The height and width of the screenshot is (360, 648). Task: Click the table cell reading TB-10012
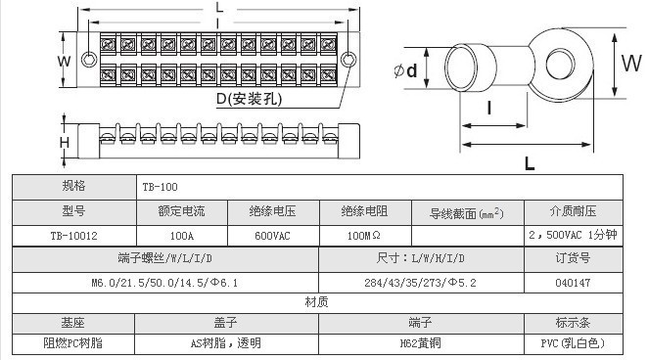tap(74, 236)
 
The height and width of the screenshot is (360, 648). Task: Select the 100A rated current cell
tap(182, 236)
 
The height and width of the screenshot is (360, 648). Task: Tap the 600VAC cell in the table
tap(272, 236)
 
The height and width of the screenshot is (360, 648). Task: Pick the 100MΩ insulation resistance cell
tap(364, 236)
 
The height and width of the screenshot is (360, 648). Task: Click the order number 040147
tap(573, 283)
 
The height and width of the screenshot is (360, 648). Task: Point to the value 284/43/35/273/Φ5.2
tap(420, 283)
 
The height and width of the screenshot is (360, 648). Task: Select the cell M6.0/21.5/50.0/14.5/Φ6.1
tap(164, 283)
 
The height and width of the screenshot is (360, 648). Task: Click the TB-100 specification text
tap(160, 187)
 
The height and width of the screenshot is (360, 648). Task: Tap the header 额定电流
tap(181, 211)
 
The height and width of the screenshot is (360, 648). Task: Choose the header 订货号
tap(573, 258)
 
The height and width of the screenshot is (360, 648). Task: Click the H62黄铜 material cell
tap(420, 343)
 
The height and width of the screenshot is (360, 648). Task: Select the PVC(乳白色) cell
tap(573, 343)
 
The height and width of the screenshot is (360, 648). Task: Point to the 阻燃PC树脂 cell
tap(73, 343)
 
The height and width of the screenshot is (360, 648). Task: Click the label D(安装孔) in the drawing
tap(250, 99)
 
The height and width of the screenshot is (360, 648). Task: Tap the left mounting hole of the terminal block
tap(89, 59)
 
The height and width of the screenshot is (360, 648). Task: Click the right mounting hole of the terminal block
tap(348, 60)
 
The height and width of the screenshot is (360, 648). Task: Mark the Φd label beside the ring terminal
tap(405, 70)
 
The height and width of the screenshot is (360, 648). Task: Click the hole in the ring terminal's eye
tap(560, 64)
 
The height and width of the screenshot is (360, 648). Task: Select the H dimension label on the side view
tap(65, 143)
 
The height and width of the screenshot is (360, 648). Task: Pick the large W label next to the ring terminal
tap(632, 64)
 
